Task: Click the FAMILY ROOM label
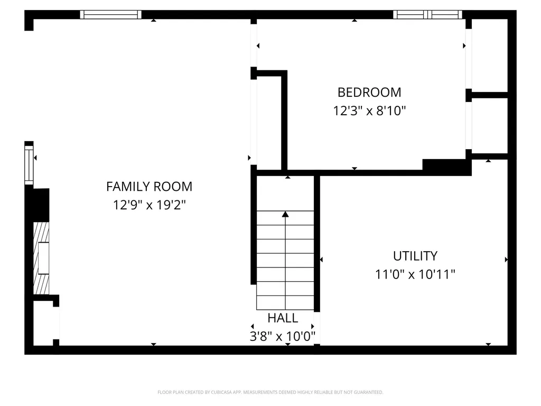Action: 149,187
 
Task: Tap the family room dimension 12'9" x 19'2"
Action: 149,205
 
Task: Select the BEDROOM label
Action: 369,93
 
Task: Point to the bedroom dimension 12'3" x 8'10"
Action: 369,111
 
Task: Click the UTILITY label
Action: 415,256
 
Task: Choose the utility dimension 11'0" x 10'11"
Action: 415,274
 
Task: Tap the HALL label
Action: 283,318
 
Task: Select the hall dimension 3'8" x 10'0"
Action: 283,336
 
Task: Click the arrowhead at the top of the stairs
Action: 285,214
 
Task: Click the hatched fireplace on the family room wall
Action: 41,258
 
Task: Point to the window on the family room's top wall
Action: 110,15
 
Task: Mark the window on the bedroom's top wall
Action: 427,15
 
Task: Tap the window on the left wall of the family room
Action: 29,164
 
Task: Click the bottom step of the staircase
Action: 285,303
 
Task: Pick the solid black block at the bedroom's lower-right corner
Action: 447,165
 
